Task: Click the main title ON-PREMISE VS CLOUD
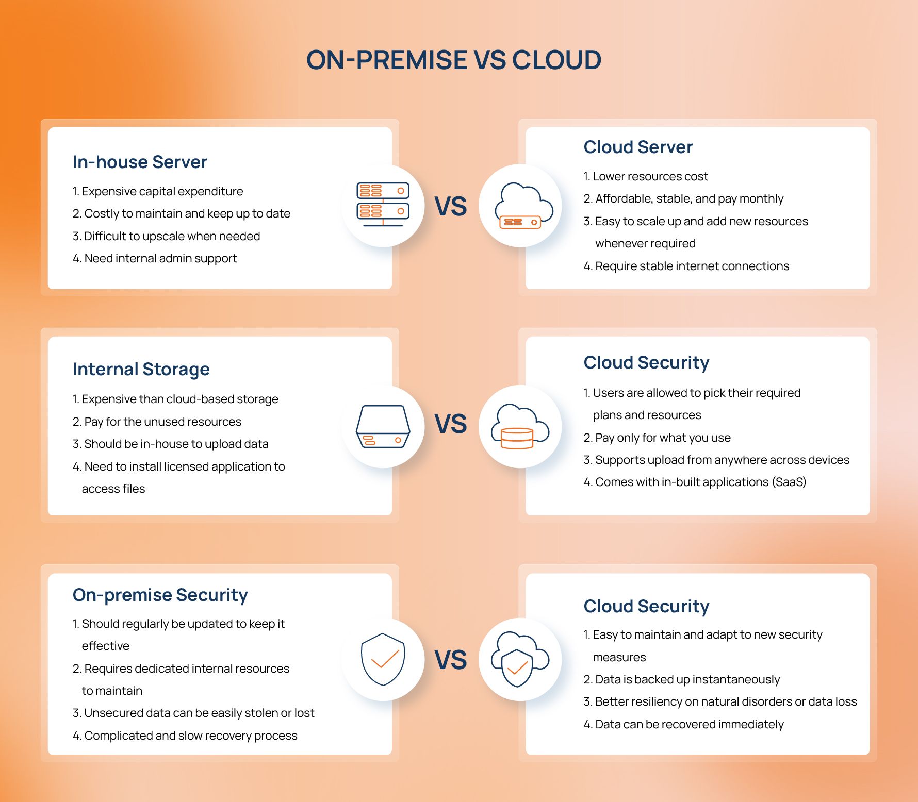pos(454,60)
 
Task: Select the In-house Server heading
pos(140,162)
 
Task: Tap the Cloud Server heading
pos(638,147)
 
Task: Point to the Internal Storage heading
pos(141,369)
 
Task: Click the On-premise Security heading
pos(160,595)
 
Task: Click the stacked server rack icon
pos(383,205)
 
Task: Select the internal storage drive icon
pos(383,426)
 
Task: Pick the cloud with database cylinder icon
pos(520,426)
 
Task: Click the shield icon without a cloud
pos(383,659)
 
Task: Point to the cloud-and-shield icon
pos(520,659)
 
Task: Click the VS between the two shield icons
pos(451,660)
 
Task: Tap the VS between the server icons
pos(451,206)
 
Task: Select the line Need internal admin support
pos(155,258)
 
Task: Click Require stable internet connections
pos(686,266)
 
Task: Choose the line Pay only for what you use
pos(657,438)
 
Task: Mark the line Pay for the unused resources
pos(157,422)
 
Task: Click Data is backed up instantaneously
pos(682,679)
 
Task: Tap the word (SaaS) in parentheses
pos(789,482)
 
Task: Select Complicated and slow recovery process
pos(185,736)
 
